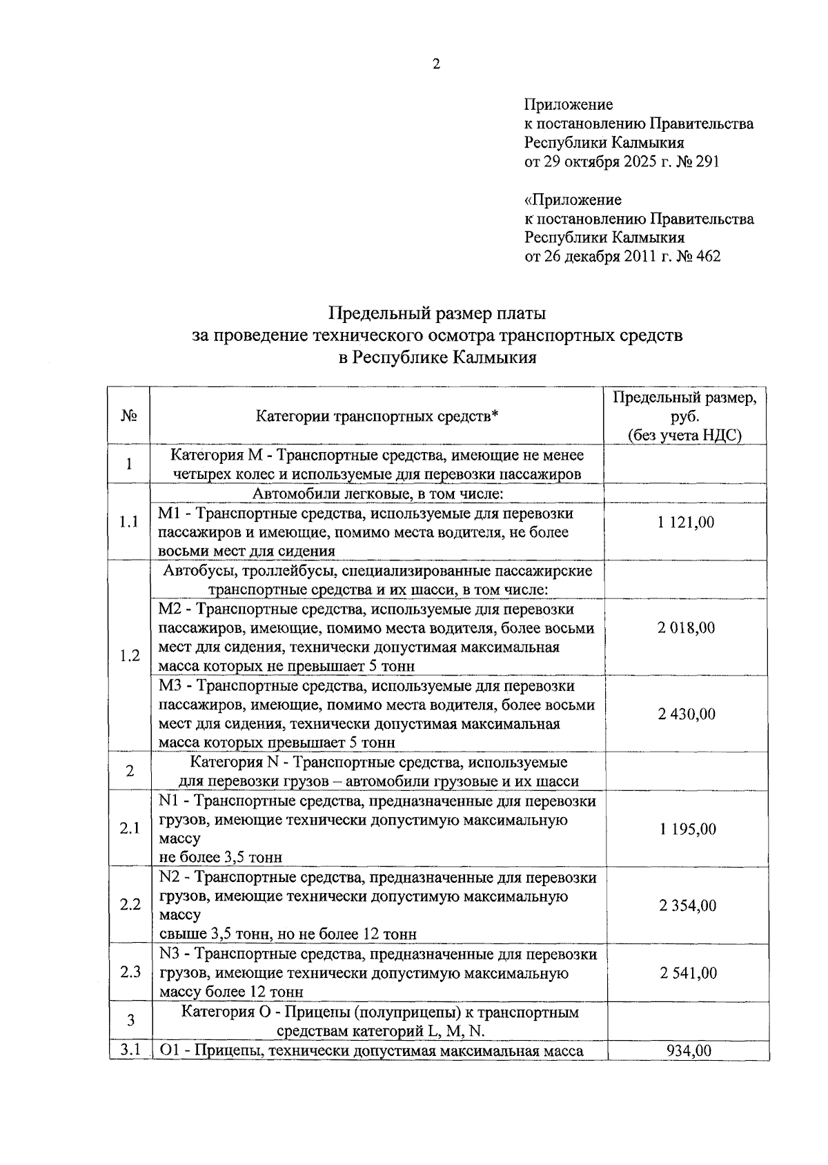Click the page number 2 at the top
click(435, 65)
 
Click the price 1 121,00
click(686, 522)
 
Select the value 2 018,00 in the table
click(686, 628)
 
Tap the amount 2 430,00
click(686, 714)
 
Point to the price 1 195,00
click(687, 829)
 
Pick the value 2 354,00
click(687, 905)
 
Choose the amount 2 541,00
click(687, 973)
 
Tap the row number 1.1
click(129, 522)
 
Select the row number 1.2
click(129, 656)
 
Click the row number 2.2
click(130, 905)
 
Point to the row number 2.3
click(130, 972)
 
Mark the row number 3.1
click(130, 1050)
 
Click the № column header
click(129, 416)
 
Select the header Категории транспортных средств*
click(377, 416)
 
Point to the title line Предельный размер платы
click(437, 313)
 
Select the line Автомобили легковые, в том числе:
click(377, 493)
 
